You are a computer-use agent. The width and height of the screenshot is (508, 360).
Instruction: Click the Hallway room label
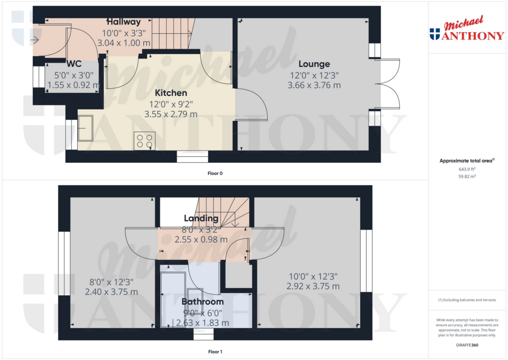(124, 22)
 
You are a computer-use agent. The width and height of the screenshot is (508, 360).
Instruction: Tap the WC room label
(74, 64)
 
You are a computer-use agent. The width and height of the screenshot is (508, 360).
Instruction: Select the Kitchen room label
(171, 93)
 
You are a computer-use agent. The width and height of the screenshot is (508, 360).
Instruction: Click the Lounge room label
(314, 64)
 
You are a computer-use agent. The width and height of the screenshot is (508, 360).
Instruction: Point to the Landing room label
(201, 218)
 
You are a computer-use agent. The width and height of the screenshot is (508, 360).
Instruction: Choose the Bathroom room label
(202, 301)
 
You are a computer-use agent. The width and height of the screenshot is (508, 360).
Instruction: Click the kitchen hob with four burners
(144, 141)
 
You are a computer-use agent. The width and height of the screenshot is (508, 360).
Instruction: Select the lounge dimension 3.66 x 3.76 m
(314, 85)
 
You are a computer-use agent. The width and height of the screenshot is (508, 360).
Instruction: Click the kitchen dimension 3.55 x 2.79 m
(171, 114)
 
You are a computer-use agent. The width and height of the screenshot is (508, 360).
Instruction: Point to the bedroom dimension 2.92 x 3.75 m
(313, 287)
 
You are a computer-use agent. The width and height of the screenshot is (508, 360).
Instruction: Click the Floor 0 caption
(215, 173)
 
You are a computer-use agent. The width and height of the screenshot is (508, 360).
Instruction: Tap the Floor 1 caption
(215, 352)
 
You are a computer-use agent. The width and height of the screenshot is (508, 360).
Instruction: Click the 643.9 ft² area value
(466, 169)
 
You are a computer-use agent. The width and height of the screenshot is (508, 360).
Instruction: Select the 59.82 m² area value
(466, 176)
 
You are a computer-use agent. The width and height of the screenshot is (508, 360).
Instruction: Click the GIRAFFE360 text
(466, 345)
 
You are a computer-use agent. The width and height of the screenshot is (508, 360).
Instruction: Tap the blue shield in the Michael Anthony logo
(435, 34)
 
